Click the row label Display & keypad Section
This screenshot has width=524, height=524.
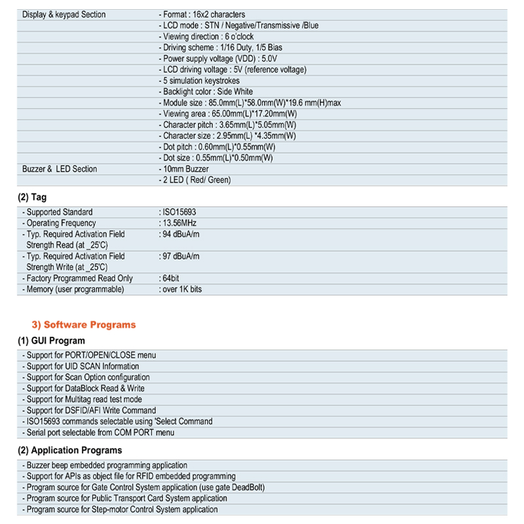coord(64,14)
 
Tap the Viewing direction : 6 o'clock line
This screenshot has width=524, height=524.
coord(208,37)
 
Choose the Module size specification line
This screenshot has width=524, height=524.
coord(250,103)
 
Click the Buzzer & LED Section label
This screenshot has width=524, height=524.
coord(60,169)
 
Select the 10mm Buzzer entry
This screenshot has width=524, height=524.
coord(184,169)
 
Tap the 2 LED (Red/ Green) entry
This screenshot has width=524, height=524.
coord(195,180)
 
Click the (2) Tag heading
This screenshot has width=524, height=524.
coord(32,197)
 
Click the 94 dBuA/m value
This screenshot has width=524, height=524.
coord(179,234)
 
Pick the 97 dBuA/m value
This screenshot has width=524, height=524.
coord(179,256)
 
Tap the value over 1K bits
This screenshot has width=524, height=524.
coord(181,290)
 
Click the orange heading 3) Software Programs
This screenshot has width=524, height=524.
coord(84,324)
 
